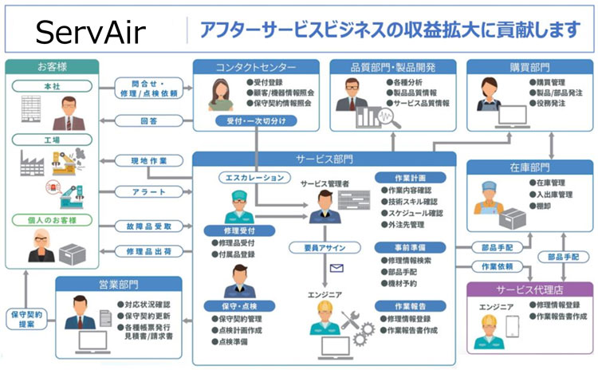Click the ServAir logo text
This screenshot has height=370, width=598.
tap(89, 33)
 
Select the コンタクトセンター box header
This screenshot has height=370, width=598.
tap(255, 66)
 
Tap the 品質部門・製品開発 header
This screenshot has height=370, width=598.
tap(392, 66)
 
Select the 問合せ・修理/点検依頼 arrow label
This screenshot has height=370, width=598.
tap(148, 87)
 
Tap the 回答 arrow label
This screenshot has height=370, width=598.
tap(148, 121)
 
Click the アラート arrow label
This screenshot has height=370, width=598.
tap(146, 192)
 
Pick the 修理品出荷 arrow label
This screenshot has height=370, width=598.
tap(147, 250)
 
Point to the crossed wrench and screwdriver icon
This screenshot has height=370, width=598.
tap(352, 321)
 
